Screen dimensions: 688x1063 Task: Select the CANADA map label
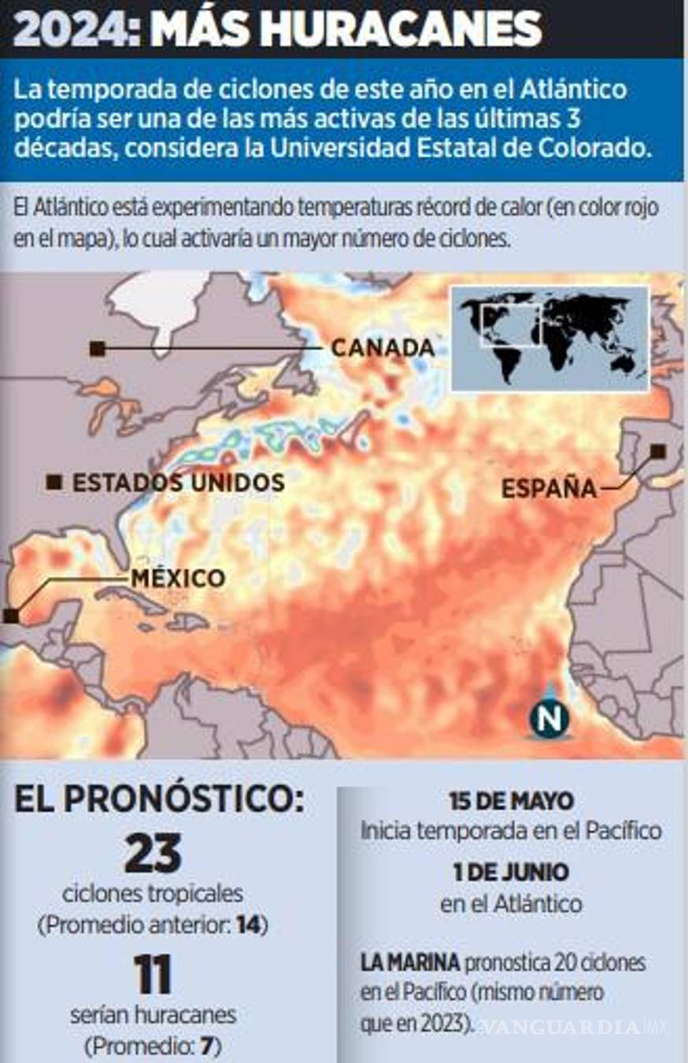383,347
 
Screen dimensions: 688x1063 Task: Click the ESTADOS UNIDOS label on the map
179,483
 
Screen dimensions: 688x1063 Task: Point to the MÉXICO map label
178,579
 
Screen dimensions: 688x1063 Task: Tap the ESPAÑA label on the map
549,489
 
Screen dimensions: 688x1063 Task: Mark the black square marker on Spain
658,451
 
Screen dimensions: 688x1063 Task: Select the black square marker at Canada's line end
97,348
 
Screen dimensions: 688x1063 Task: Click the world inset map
549,338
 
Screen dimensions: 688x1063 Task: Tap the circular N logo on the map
549,717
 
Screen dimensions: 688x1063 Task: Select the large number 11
152,976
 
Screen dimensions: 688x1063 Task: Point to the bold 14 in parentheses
247,925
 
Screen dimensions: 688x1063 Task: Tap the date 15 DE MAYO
512,802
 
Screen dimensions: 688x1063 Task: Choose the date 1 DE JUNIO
511,872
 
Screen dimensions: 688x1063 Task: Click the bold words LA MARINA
410,962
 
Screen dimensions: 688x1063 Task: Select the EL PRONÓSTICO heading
158,798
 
